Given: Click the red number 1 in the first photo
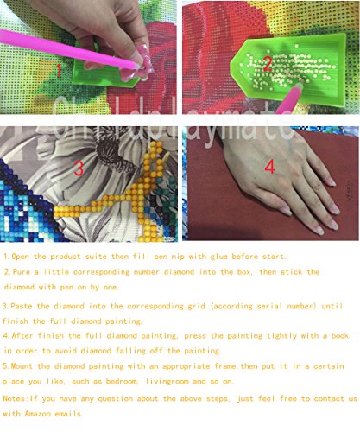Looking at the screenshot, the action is tap(59, 71).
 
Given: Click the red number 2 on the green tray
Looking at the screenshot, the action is tap(268, 64).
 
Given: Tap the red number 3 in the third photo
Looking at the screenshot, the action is tap(79, 168).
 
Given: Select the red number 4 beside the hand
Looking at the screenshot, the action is tap(269, 167).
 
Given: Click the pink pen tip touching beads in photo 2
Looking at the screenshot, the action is tap(300, 86).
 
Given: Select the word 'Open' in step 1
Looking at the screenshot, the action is tap(20, 257).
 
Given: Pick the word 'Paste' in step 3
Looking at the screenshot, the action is tap(21, 306).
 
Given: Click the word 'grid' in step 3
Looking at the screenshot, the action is tap(196, 306).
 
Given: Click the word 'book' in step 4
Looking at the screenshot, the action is tap(339, 335).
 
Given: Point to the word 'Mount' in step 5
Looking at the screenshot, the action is tap(23, 366).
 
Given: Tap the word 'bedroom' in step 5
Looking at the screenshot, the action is tap(122, 381).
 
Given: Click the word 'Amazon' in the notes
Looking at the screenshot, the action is tap(37, 414).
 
